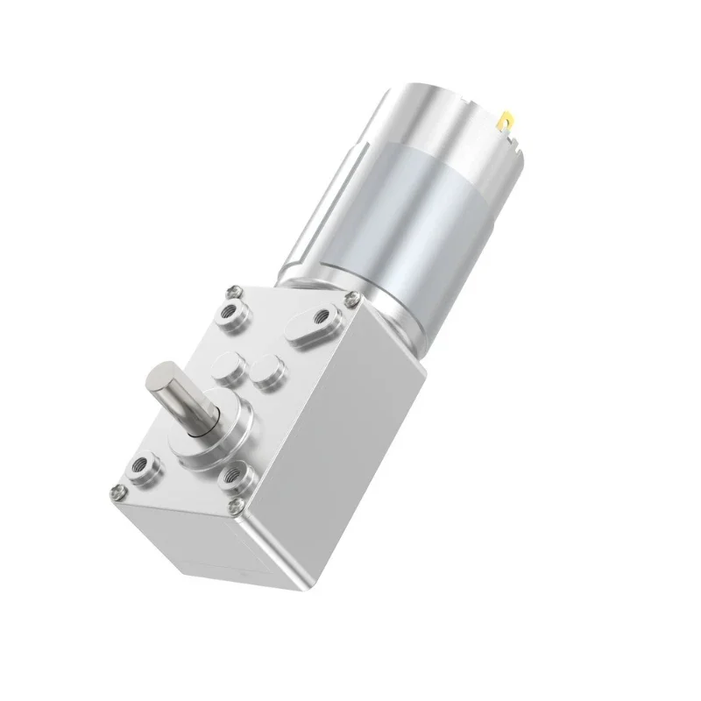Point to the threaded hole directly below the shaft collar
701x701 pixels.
pos(236,478)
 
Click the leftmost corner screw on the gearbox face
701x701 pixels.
pos(117,490)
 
